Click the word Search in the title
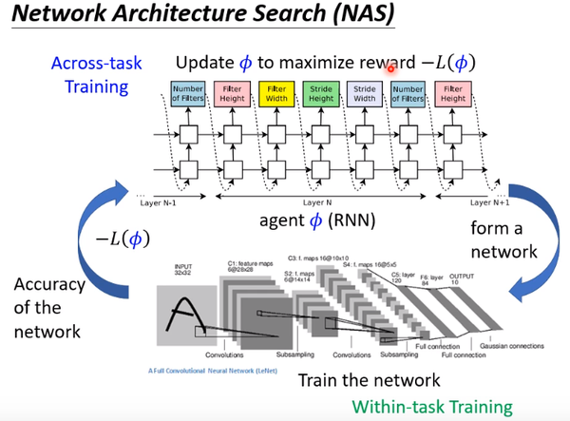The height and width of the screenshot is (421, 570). point(286,17)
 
